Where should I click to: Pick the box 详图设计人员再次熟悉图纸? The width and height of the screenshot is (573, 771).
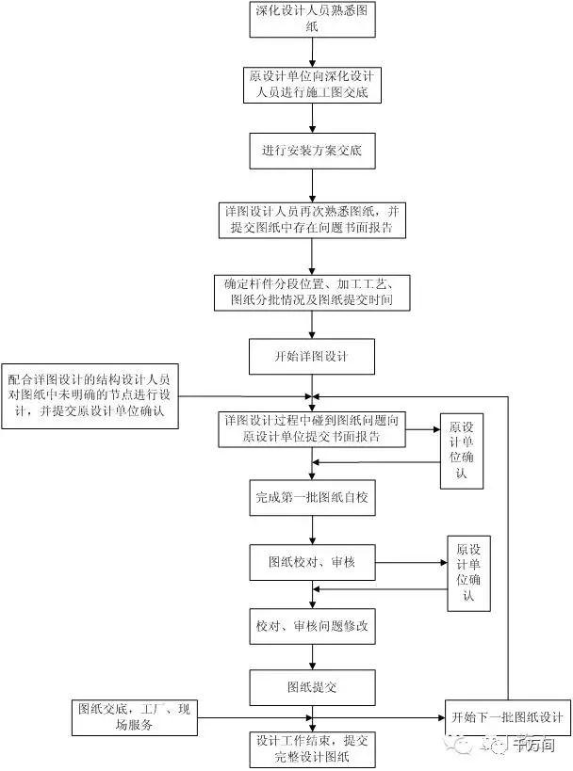[313, 217]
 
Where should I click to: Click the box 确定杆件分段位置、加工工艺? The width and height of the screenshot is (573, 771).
[313, 293]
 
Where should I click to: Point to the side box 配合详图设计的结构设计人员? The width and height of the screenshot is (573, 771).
[90, 396]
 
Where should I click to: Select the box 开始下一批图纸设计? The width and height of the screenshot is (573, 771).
[507, 718]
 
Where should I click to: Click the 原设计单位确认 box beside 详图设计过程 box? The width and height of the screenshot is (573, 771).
[462, 450]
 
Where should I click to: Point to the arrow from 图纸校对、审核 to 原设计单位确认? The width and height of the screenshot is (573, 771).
[411, 563]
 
